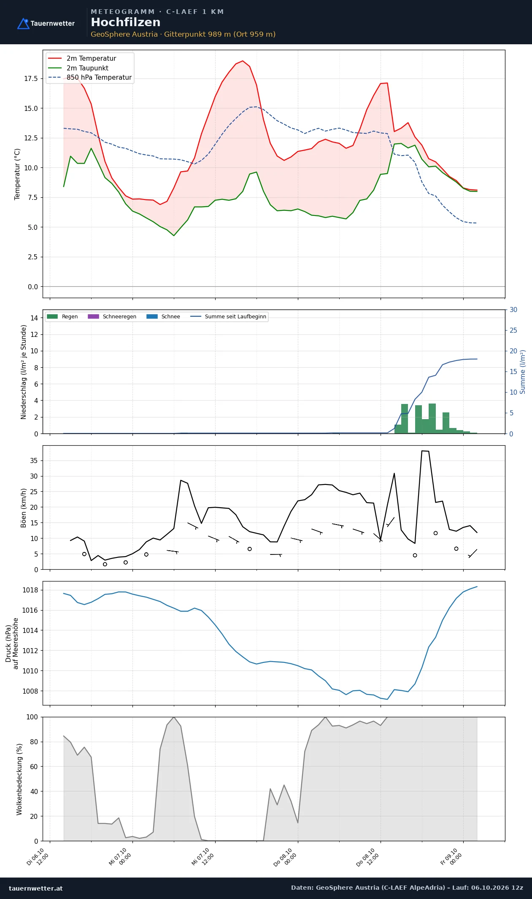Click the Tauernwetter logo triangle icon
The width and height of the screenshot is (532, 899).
click(x=23, y=24)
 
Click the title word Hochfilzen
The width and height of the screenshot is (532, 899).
click(x=126, y=22)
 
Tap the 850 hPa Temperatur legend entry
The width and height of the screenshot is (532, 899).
click(x=90, y=78)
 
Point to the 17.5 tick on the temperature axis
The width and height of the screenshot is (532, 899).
click(x=31, y=79)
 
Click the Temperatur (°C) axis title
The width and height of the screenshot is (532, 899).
click(x=17, y=174)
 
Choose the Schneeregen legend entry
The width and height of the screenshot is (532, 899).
click(x=112, y=317)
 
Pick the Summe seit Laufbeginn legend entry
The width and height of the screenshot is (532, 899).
click(x=228, y=317)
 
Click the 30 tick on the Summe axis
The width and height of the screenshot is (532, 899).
click(x=513, y=310)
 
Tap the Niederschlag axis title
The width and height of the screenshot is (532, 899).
click(x=24, y=372)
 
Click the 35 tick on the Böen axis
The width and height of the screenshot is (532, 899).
click(x=34, y=461)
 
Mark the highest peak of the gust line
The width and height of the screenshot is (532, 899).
click(x=422, y=451)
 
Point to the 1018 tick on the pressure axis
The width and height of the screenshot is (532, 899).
click(x=30, y=590)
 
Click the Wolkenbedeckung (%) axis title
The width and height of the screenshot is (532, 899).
click(x=19, y=779)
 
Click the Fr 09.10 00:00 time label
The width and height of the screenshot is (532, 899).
click(x=451, y=857)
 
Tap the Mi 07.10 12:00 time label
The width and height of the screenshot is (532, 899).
click(x=203, y=857)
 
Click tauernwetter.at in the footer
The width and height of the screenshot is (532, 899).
click(x=36, y=888)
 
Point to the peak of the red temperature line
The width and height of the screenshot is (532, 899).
click(x=243, y=61)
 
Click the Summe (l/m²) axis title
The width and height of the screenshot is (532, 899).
click(x=523, y=372)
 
